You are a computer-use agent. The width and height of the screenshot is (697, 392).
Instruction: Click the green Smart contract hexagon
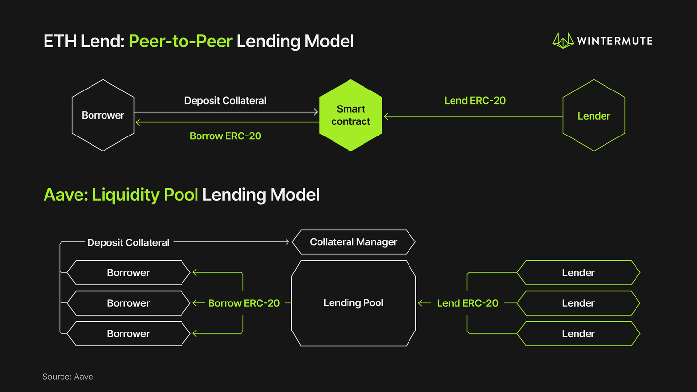[x=351, y=115]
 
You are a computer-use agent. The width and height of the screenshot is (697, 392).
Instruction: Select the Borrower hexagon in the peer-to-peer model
[x=103, y=115]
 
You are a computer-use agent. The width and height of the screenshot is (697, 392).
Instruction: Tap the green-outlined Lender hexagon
[x=594, y=116]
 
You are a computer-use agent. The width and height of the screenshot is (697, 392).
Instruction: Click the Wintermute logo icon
[x=563, y=41]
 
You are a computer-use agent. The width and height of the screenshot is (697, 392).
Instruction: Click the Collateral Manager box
[x=353, y=242]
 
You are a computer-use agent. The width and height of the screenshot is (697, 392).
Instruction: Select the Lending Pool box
[x=353, y=303]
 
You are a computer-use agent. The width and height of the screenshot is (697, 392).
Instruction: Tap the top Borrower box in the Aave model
[x=128, y=273]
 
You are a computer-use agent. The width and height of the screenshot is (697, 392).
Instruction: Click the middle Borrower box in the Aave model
[x=128, y=303]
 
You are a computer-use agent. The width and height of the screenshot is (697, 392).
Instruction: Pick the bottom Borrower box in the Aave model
[x=128, y=334]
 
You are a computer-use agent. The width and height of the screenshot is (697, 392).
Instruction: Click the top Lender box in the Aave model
[x=578, y=273]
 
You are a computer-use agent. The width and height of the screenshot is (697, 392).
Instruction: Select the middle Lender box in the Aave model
[x=578, y=303]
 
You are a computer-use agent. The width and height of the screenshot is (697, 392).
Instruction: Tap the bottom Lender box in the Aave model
[x=578, y=334]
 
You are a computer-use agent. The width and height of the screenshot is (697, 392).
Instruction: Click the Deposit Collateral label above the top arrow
[x=225, y=101]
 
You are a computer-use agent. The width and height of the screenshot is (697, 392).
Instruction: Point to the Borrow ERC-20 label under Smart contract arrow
[x=225, y=136]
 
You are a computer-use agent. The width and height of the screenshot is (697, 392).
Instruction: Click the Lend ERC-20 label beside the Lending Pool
[x=467, y=303]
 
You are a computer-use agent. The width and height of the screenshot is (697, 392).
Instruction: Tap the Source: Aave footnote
[x=68, y=377]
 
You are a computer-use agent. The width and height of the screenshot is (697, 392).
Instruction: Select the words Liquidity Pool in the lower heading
[x=145, y=195]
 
